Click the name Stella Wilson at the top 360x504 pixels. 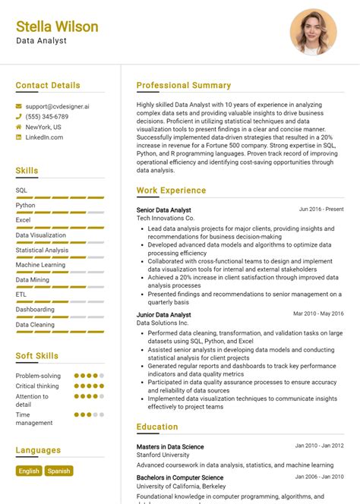57,27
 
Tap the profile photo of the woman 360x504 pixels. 313,33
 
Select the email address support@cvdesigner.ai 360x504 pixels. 57,107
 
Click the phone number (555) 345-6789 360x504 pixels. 46,117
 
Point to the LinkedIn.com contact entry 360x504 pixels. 44,137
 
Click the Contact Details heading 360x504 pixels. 48,85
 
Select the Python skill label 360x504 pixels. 26,205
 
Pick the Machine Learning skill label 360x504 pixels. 41,265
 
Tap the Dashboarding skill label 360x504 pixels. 35,310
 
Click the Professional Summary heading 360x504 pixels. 183,85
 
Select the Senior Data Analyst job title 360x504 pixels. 164,209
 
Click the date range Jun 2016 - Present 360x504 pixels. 321,209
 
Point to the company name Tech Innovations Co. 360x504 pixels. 166,219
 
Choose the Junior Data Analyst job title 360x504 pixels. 164,314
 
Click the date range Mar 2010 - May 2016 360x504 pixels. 319,313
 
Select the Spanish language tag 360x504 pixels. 58,471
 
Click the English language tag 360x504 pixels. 29,471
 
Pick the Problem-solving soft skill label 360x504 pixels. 38,376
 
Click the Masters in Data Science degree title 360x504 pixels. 170,446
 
